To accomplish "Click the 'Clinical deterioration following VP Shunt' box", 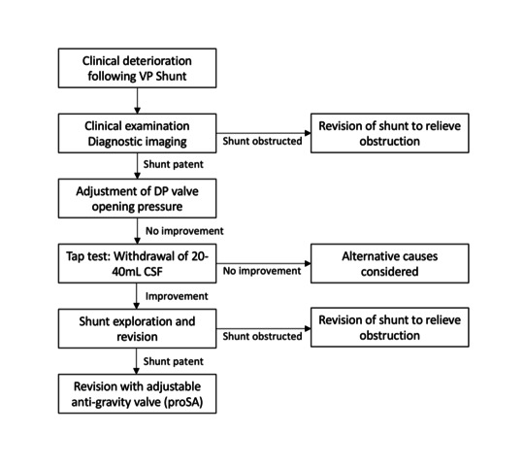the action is pos(137,68).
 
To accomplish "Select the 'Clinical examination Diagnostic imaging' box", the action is pos(137,133).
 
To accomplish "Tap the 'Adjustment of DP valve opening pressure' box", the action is pos(137,199).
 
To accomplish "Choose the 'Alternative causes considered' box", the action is pos(390,264).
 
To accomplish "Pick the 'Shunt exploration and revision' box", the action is pos(137,328).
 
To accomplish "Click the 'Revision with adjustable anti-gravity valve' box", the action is pos(137,394).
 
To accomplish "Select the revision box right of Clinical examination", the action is pos(390,133).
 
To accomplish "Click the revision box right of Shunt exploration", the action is pos(390,327).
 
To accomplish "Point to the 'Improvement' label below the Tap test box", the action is pos(177,296).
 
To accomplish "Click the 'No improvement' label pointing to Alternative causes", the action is pos(262,271).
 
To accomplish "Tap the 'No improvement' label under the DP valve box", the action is pos(184,231).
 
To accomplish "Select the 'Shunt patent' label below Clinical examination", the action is pos(173,164).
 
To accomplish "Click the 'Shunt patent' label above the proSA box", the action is pos(173,361).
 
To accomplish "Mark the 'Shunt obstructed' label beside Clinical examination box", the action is pos(262,141).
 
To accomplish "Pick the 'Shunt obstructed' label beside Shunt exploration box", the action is pos(262,336).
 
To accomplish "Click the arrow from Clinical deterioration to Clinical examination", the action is pos(137,101).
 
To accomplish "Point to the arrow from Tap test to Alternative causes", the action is pos(264,264).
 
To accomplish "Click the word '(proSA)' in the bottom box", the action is pos(183,402).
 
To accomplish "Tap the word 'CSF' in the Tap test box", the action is pos(153,272).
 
